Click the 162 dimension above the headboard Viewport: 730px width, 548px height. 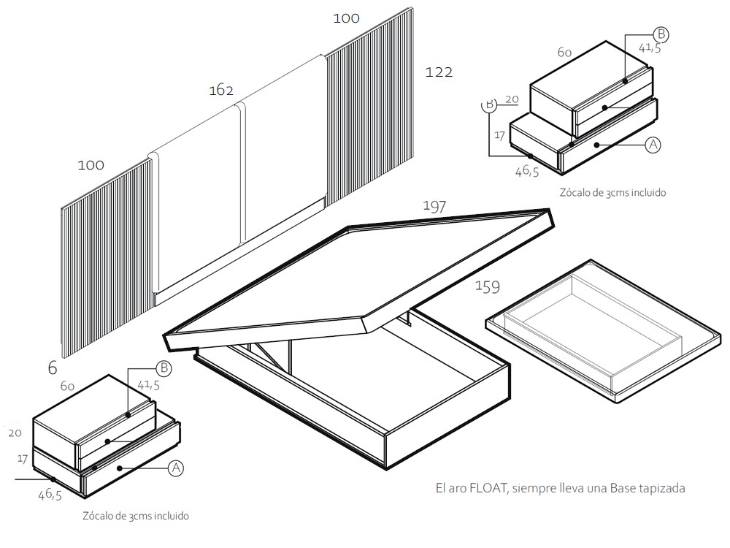click(221, 91)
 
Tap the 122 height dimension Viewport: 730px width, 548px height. click(438, 72)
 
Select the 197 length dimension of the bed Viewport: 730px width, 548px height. click(434, 207)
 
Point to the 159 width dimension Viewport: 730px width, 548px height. click(488, 287)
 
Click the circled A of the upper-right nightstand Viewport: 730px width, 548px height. click(653, 145)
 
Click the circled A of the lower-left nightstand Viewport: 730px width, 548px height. click(175, 468)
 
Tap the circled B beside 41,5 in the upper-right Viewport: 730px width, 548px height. click(660, 34)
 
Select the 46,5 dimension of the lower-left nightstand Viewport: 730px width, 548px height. click(50, 495)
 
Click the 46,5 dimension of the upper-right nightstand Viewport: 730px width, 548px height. click(527, 171)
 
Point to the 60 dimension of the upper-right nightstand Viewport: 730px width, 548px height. click(564, 53)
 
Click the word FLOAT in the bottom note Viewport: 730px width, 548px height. click(485, 488)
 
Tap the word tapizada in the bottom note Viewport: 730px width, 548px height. click(661, 488)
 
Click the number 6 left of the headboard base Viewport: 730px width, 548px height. click(52, 368)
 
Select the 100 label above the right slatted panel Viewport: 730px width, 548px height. click(346, 18)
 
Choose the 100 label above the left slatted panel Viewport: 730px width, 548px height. click(91, 165)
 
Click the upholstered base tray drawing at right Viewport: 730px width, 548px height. click(606, 329)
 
